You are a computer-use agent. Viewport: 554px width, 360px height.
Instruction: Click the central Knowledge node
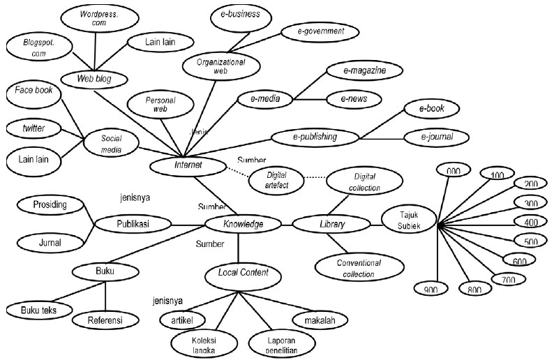(x=243, y=224)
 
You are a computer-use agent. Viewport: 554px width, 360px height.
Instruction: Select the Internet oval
(x=188, y=165)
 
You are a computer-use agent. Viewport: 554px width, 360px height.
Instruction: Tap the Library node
(x=332, y=224)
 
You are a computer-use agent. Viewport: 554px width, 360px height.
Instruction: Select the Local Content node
(x=239, y=273)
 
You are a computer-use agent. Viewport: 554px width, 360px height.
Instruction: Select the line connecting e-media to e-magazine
(x=308, y=85)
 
